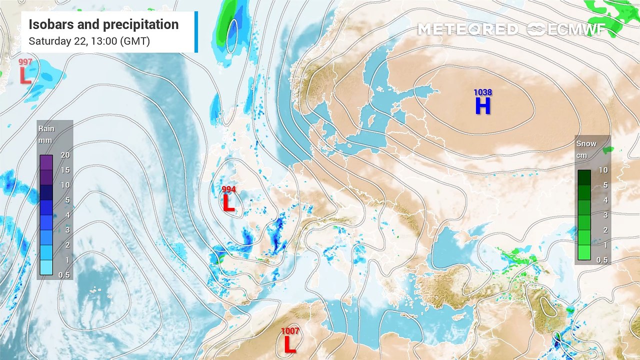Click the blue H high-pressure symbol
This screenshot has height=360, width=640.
(482, 106)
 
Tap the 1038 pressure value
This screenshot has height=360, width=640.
(483, 92)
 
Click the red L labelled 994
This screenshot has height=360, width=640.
(228, 203)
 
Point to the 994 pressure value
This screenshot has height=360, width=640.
(228, 189)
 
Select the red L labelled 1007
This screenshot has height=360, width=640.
(289, 344)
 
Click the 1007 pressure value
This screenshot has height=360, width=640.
(290, 331)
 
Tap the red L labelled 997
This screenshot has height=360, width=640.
(25, 75)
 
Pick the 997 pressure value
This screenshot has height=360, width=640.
(25, 62)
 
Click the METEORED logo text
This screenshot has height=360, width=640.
(467, 29)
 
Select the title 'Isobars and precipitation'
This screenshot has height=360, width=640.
(103, 24)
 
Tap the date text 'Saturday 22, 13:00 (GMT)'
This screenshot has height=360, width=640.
(89, 41)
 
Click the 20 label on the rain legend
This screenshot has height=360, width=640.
(65, 155)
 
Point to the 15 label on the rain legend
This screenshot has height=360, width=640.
(65, 170)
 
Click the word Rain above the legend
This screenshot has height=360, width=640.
(46, 128)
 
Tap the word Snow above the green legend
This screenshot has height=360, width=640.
(586, 143)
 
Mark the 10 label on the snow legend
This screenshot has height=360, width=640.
(603, 170)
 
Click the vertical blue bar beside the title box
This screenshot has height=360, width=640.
(196, 32)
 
